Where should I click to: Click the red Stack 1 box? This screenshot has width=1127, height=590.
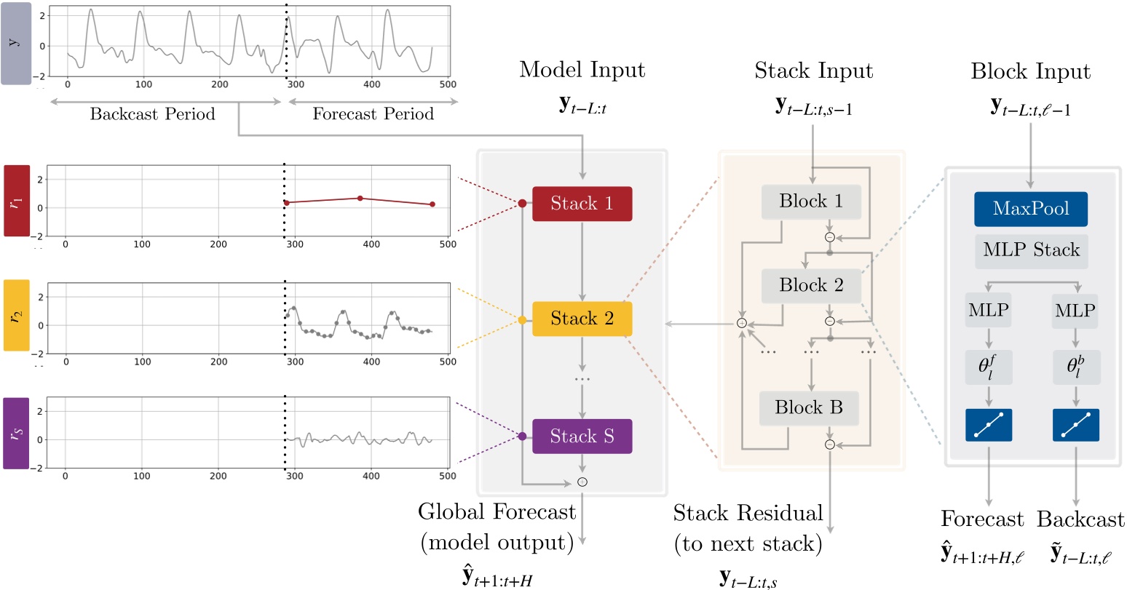click(x=582, y=204)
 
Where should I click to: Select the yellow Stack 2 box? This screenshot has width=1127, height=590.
click(x=582, y=319)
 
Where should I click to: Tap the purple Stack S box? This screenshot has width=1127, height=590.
click(x=582, y=436)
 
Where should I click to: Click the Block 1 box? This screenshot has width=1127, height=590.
click(x=811, y=202)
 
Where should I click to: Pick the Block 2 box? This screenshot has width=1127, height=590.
click(x=811, y=285)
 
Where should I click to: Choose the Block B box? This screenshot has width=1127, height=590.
click(x=809, y=408)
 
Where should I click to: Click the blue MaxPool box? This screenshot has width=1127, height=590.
click(x=1030, y=209)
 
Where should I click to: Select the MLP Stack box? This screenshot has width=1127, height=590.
click(x=1031, y=251)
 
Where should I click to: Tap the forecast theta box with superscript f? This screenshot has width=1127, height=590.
click(x=988, y=367)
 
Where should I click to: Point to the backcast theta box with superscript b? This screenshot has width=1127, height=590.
click(x=1075, y=367)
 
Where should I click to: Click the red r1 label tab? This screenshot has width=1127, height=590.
click(x=17, y=201)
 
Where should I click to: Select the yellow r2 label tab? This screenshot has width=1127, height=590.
click(x=17, y=316)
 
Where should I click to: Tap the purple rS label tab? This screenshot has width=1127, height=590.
click(x=17, y=433)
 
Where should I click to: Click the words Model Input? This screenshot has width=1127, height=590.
click(x=582, y=71)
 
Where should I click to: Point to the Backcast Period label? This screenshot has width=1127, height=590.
click(x=152, y=114)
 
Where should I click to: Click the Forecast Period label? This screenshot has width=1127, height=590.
click(x=373, y=114)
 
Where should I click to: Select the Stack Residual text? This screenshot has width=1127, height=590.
click(x=748, y=513)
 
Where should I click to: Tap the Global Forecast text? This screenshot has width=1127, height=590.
click(x=497, y=512)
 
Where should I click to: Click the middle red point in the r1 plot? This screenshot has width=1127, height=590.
click(x=360, y=198)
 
